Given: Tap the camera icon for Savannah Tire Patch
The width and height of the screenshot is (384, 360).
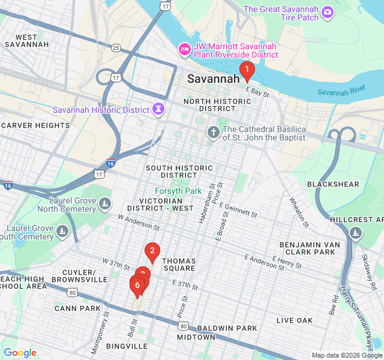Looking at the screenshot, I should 327,11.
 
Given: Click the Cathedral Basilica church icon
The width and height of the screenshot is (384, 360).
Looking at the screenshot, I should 212,132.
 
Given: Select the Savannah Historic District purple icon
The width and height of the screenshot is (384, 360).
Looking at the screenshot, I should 158,110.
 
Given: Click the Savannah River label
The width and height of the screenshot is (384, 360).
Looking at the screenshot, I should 341,92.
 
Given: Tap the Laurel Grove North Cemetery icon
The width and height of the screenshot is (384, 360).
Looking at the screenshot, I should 105,205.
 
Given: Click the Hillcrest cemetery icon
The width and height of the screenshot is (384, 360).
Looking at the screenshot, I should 356,232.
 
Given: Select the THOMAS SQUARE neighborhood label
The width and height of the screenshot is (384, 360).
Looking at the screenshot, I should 179,265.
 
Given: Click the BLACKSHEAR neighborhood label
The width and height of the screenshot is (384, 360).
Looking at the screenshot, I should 333,184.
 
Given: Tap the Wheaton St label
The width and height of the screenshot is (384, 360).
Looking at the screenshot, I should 298,212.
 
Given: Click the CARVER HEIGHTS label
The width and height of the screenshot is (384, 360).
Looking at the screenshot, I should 36,125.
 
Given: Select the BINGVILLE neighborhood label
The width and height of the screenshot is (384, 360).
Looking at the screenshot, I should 127,346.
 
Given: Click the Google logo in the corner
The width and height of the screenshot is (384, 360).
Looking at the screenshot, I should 20,353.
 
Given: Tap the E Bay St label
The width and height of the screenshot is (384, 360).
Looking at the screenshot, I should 257,91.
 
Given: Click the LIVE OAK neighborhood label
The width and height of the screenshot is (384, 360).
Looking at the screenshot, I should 295,320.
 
